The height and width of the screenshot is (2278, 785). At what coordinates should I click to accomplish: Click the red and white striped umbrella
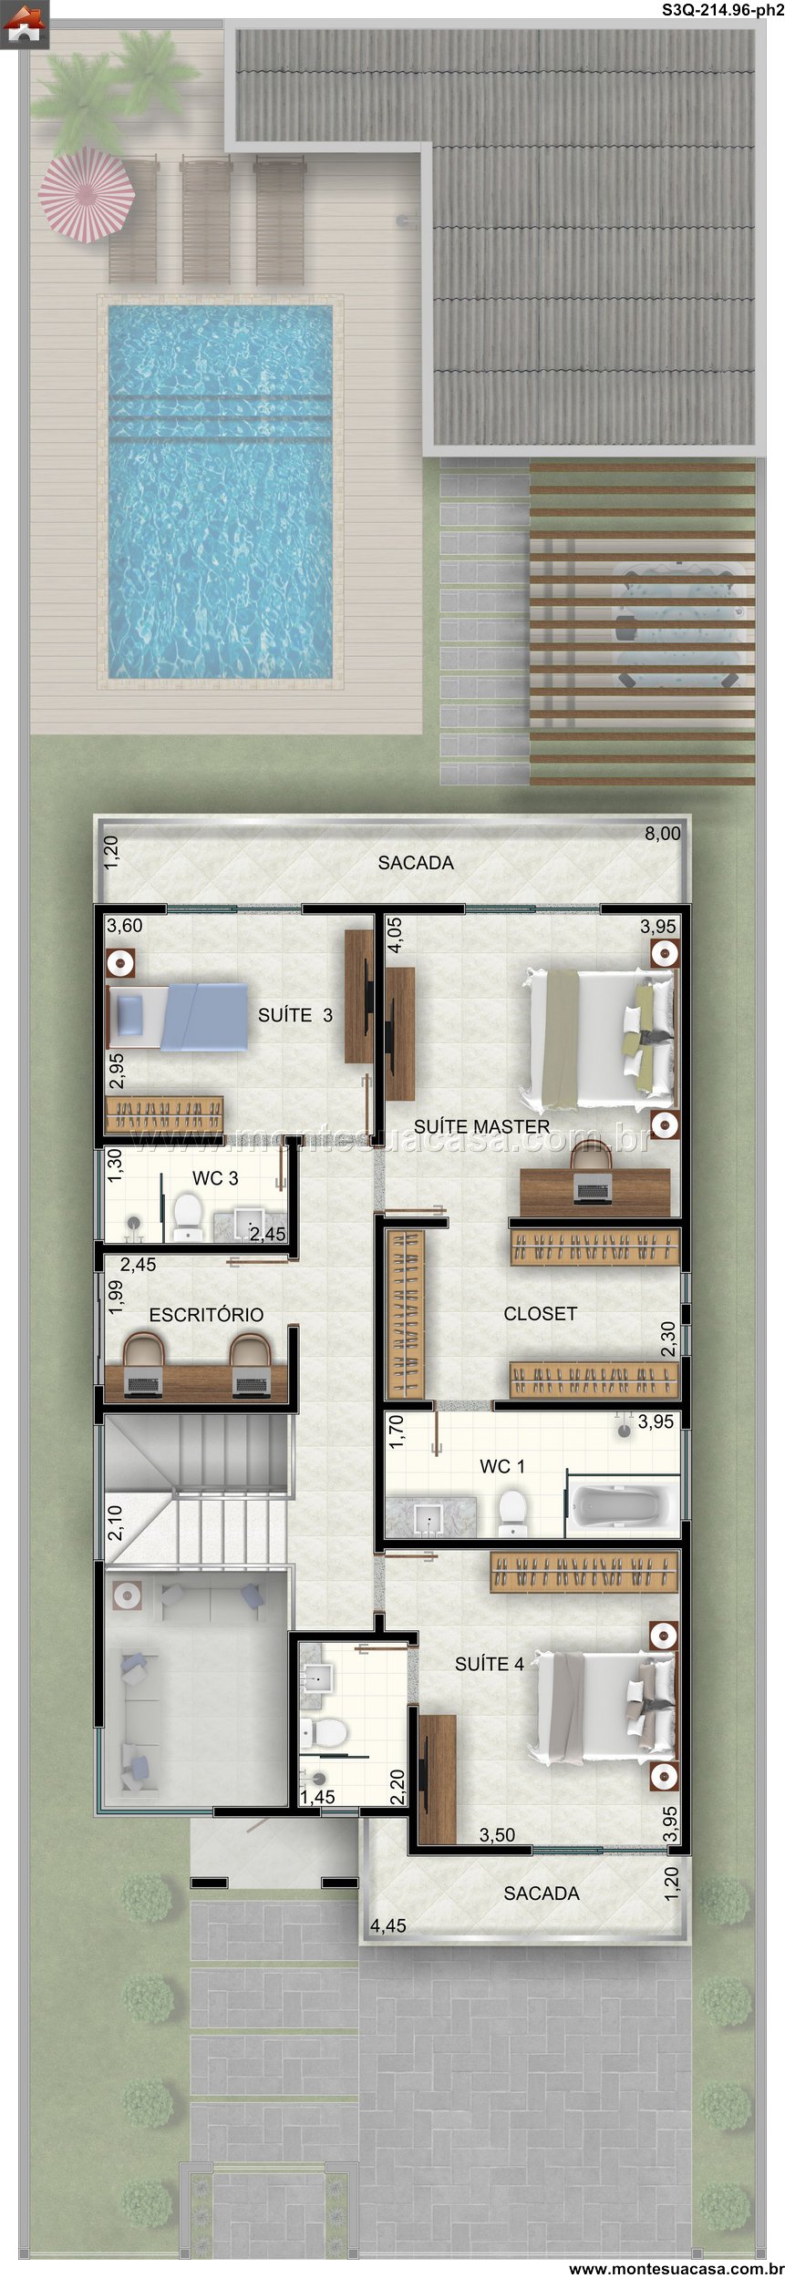click(x=87, y=194)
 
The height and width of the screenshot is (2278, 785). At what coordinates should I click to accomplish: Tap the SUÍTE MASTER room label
click(x=481, y=1127)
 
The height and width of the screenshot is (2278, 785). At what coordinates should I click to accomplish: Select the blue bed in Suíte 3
click(x=178, y=1016)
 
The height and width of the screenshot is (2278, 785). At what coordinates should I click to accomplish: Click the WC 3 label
click(x=215, y=1178)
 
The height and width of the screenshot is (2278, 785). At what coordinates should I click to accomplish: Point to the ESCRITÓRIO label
click(x=206, y=1315)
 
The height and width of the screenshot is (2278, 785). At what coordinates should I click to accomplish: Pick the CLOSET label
click(x=541, y=1314)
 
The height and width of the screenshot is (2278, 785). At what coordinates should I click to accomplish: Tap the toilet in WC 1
click(x=512, y=1512)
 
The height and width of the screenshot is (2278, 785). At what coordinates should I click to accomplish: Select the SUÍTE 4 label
click(x=490, y=1664)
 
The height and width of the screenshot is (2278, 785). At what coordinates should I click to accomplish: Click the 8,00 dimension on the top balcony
click(x=663, y=834)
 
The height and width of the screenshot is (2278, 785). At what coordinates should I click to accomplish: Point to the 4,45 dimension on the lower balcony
click(x=387, y=1926)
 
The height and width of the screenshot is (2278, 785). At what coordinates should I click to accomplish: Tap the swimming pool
click(x=220, y=491)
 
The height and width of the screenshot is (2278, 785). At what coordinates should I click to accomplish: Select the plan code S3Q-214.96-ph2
click(x=722, y=10)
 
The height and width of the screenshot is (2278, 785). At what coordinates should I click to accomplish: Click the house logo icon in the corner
click(x=24, y=25)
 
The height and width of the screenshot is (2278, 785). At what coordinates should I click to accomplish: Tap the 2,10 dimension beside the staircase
click(x=115, y=1523)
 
